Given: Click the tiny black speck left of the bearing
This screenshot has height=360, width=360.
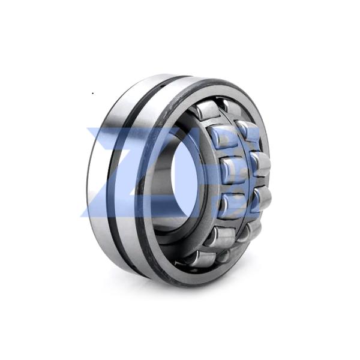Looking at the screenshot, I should tap(92, 93).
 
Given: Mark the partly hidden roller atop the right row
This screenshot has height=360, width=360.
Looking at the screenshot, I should tap(231, 107).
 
